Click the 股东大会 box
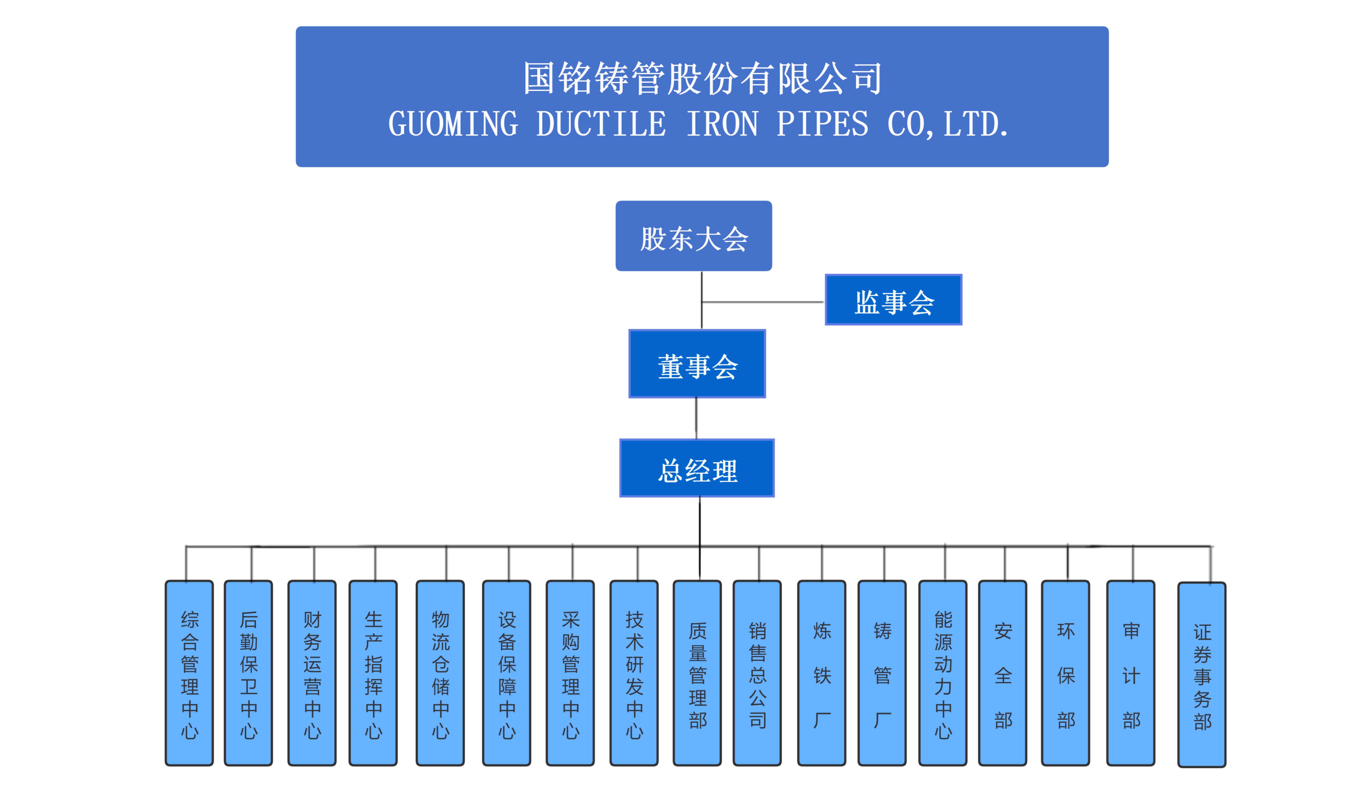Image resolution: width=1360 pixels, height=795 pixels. pyautogui.click(x=694, y=236)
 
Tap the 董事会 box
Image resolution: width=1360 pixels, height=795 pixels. pyautogui.click(x=697, y=364)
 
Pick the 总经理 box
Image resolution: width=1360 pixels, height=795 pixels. pyautogui.click(x=697, y=468)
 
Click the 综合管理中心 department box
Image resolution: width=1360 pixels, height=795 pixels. pyautogui.click(x=189, y=673)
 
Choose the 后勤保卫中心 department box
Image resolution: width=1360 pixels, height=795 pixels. pyautogui.click(x=248, y=673)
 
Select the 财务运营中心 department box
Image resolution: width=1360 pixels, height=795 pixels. pyautogui.click(x=312, y=673)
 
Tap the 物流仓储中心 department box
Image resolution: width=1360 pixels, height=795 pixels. pyautogui.click(x=440, y=673)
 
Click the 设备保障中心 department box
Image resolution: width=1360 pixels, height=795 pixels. pyautogui.click(x=507, y=673)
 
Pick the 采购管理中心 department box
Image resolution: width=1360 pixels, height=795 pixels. pyautogui.click(x=570, y=673)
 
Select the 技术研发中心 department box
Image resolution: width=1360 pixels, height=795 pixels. pyautogui.click(x=634, y=673)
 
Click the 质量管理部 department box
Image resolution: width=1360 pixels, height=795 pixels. pyautogui.click(x=697, y=673)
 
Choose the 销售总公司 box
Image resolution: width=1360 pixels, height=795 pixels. pyautogui.click(x=757, y=673)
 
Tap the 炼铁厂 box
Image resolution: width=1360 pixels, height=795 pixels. pyautogui.click(x=822, y=673)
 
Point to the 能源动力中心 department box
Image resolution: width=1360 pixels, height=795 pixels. pyautogui.click(x=943, y=673)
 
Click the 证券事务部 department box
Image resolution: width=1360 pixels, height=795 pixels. pyautogui.click(x=1202, y=675)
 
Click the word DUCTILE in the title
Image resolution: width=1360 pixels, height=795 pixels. pyautogui.click(x=601, y=124)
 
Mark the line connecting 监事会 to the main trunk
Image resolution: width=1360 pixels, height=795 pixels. pyautogui.click(x=763, y=302)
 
